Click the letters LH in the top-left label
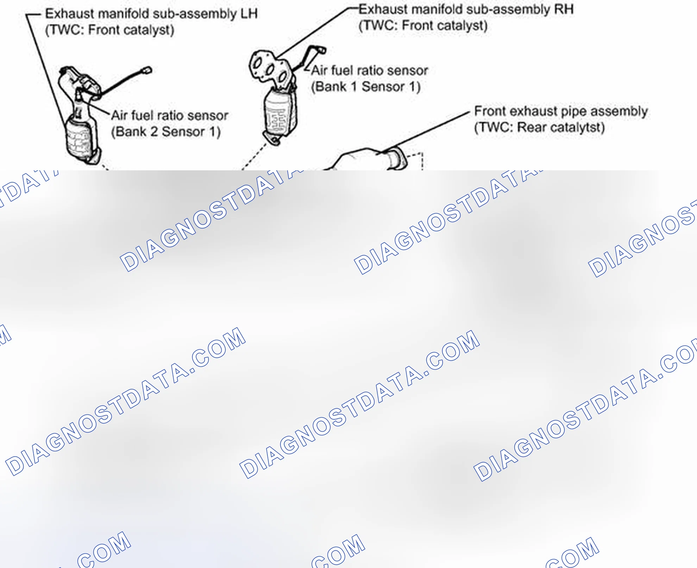[x=249, y=13]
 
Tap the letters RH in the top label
[x=564, y=9]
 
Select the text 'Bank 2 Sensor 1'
[x=165, y=132]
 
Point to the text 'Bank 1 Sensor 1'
[x=365, y=87]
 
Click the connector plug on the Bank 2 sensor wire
[x=147, y=70]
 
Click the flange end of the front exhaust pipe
[x=398, y=159]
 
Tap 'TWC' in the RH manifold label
[x=379, y=25]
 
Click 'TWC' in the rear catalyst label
[x=494, y=127]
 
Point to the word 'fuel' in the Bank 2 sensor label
[x=142, y=115]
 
